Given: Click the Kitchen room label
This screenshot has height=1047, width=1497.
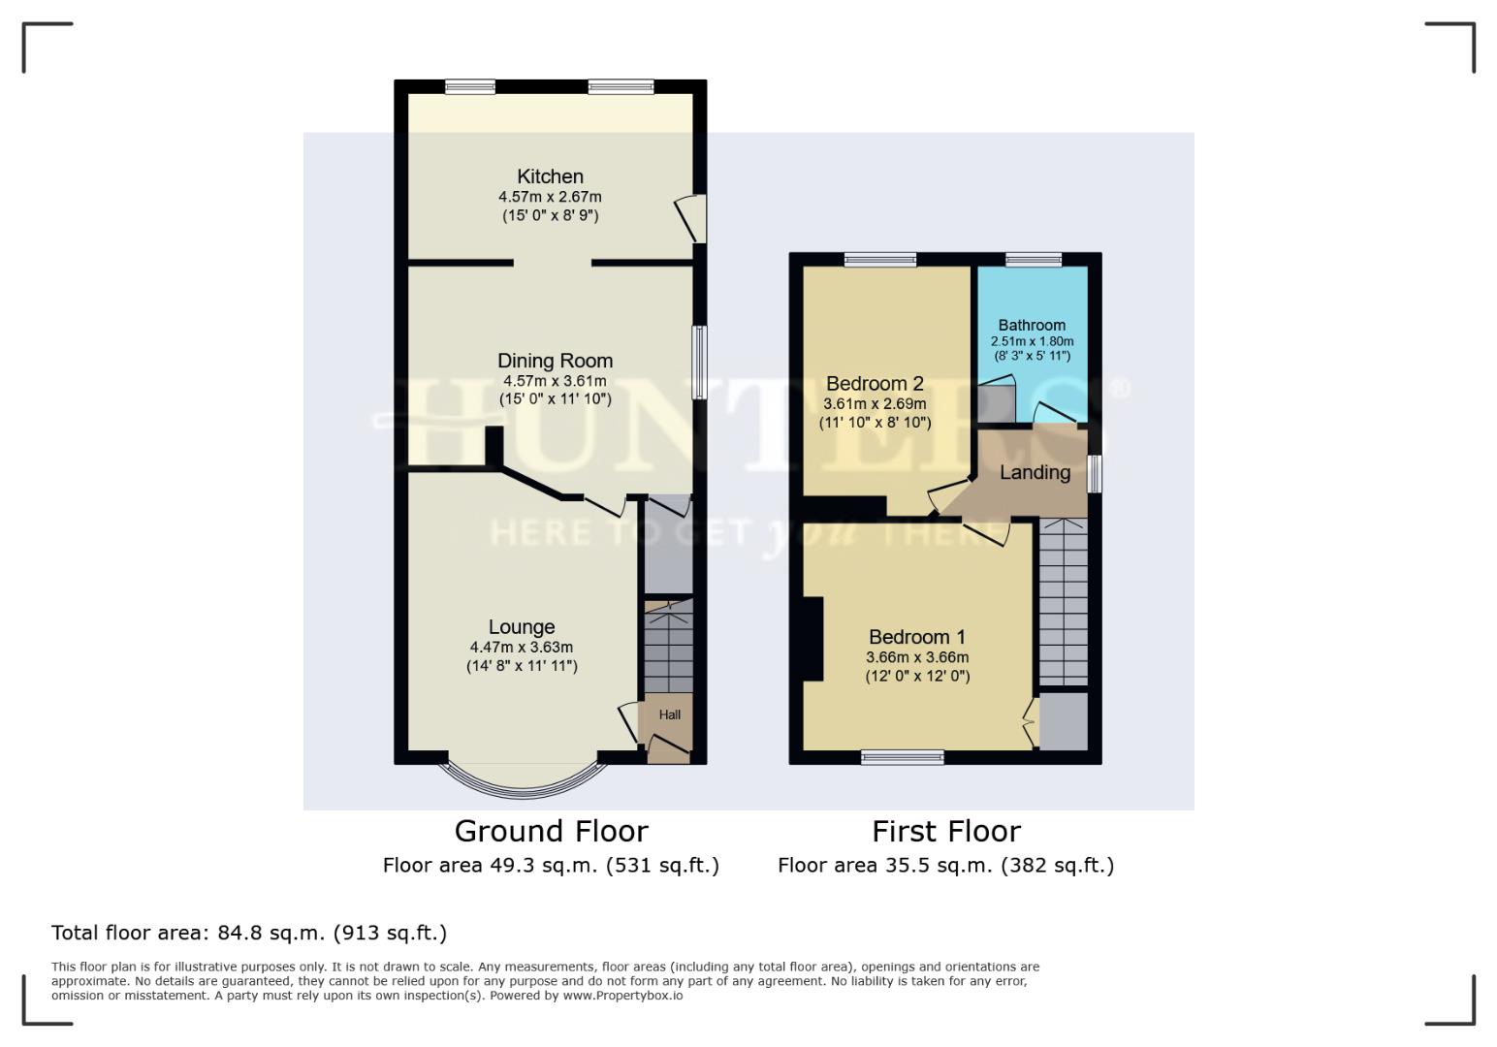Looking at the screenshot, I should pos(550,176).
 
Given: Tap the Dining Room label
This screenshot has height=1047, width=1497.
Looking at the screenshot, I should pos(555,361).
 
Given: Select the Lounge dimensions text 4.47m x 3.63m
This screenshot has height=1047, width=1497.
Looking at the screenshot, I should pos(522,648).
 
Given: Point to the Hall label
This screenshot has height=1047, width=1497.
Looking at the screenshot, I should pos(669,715).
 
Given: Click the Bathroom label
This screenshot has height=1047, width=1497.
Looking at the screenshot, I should pos(1032,326).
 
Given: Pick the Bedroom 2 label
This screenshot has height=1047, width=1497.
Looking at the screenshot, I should pos(875,384).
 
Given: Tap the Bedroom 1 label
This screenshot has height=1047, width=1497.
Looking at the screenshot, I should pos(916,637).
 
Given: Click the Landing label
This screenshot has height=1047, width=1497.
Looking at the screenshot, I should pos(1035,473).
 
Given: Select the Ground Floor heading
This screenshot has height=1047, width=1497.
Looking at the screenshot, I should pos(551,832).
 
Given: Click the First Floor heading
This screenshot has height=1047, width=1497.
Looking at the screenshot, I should pos(945,832).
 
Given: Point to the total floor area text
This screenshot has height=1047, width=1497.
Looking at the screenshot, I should pos(249,934).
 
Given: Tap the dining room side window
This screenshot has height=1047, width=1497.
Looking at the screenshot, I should pos(698,362).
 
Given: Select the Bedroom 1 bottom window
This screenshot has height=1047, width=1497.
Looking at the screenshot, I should pos(902,757).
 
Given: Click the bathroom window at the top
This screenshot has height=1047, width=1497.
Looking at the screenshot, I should pos(1033,259).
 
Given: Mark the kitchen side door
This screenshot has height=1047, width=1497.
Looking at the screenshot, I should pos(692,218).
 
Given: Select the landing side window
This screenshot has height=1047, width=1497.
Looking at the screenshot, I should pos(1094,474).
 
